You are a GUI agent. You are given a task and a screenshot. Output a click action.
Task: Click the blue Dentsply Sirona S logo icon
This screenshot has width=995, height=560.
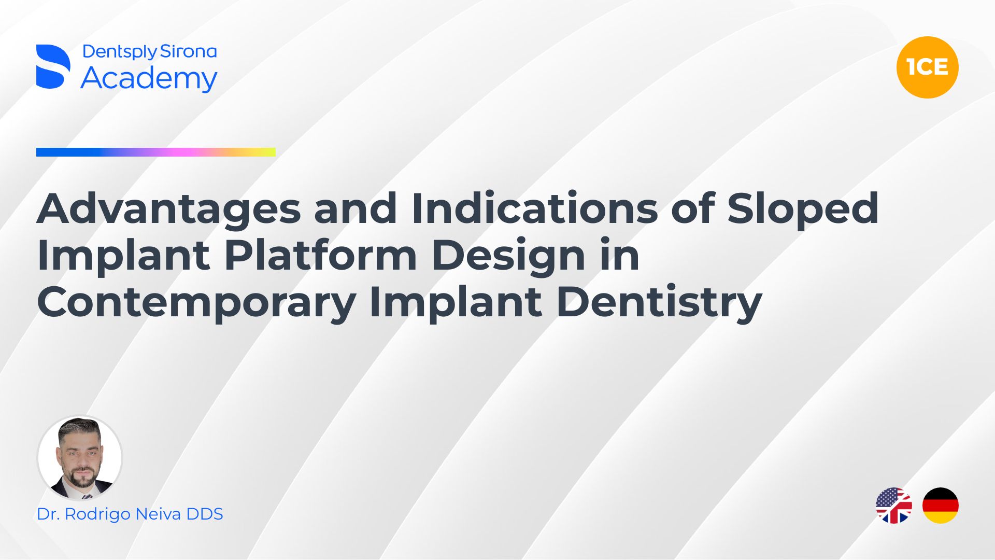53,66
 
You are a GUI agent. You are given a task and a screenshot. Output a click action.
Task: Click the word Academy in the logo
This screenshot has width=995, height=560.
149,79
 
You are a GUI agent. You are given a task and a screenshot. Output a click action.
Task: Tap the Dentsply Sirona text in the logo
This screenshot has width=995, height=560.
149,51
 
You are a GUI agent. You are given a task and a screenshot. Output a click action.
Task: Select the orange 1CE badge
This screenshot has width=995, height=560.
927,67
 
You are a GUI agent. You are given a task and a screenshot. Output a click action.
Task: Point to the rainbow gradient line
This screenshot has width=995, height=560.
156,152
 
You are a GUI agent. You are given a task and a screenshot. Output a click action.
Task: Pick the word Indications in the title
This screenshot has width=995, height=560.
535,208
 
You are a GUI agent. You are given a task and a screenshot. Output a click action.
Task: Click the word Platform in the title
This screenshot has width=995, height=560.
321,255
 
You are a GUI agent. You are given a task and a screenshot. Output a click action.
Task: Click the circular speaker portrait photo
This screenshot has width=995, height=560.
80,458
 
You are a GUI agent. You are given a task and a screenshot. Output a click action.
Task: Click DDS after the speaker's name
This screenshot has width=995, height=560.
205,514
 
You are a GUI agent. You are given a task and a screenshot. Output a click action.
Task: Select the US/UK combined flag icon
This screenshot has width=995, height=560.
893,506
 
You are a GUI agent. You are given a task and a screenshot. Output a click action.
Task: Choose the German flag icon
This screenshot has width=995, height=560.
941,506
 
